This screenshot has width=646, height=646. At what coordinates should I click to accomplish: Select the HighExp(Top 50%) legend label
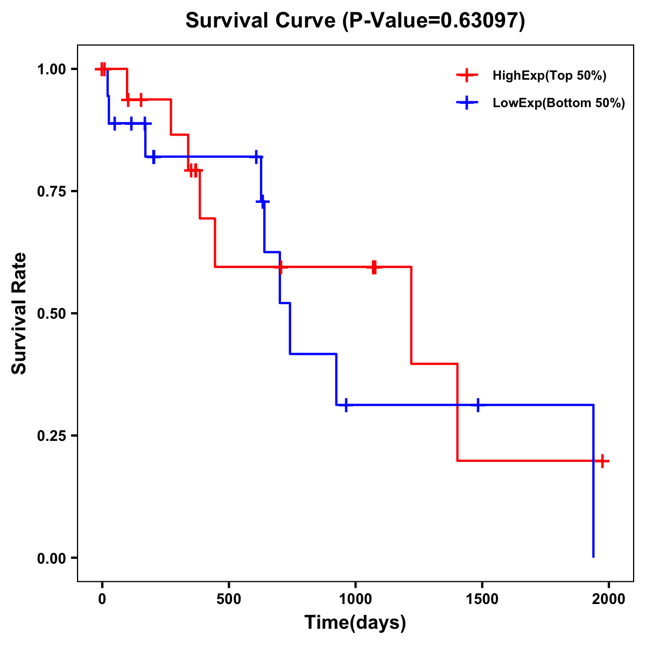pyautogui.click(x=549, y=76)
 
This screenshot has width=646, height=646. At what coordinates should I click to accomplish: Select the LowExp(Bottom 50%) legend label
pyautogui.click(x=558, y=103)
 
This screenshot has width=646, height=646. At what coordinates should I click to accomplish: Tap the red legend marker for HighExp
pyautogui.click(x=467, y=75)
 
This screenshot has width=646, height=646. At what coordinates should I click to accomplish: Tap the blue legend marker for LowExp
pyautogui.click(x=467, y=103)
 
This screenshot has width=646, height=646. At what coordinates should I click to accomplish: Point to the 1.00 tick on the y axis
pyautogui.click(x=51, y=69)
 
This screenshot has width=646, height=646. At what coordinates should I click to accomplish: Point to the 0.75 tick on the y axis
pyautogui.click(x=51, y=192)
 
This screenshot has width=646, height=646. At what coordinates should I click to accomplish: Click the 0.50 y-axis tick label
pyautogui.click(x=51, y=314)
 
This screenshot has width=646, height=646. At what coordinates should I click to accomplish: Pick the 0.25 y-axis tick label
pyautogui.click(x=51, y=436)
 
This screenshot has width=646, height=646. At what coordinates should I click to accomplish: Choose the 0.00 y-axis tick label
pyautogui.click(x=51, y=558)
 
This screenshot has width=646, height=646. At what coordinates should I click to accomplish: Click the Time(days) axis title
pyautogui.click(x=355, y=623)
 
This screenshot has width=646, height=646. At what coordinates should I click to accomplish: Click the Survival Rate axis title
pyautogui.click(x=19, y=313)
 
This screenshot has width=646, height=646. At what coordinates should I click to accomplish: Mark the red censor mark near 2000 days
pyautogui.click(x=602, y=461)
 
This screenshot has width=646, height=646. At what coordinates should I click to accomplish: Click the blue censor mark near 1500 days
pyautogui.click(x=478, y=405)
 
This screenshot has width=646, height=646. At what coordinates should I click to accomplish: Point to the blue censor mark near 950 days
pyautogui.click(x=346, y=405)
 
